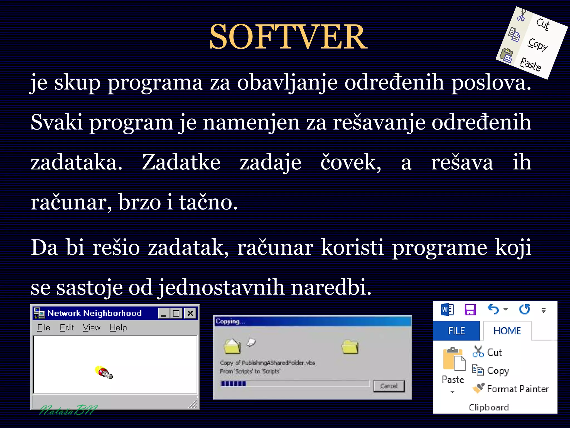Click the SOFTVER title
click(x=288, y=37)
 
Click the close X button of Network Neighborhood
click(x=190, y=313)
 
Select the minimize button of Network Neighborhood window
click(x=164, y=313)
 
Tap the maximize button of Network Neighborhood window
click(x=176, y=313)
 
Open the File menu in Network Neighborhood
click(x=44, y=328)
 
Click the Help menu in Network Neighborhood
click(x=118, y=328)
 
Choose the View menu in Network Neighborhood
click(x=92, y=328)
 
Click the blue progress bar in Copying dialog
click(x=233, y=384)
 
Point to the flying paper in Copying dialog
click(x=251, y=342)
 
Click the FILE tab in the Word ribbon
click(x=456, y=331)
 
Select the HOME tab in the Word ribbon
click(x=507, y=331)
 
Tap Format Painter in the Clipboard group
click(x=517, y=389)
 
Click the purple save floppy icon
click(x=470, y=310)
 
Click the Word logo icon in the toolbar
click(x=447, y=310)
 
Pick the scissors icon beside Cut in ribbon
click(x=478, y=352)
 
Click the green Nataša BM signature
click(x=68, y=410)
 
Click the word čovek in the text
click(x=351, y=162)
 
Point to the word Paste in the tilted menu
click(x=530, y=64)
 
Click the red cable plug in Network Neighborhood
click(x=104, y=373)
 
